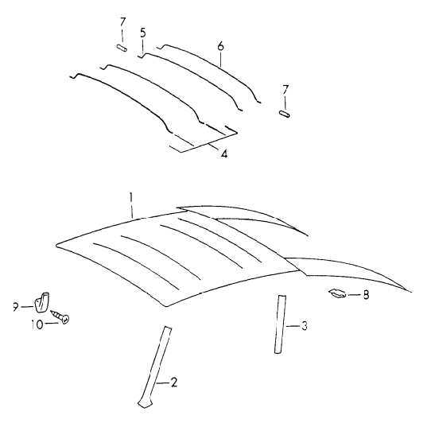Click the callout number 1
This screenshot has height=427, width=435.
point(130,198)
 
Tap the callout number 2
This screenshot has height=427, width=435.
point(174,382)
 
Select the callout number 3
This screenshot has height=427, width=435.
point(305,326)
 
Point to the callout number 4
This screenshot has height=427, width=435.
point(224,153)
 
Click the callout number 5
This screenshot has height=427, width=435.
point(142,33)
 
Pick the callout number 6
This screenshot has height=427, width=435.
point(220,46)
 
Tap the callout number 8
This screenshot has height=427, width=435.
point(366,295)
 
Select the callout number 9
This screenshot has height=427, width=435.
point(15,307)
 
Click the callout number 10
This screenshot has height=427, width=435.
point(37,324)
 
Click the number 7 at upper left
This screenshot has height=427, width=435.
point(122,22)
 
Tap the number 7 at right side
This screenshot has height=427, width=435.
point(285,90)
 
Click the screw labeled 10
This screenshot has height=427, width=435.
point(60,316)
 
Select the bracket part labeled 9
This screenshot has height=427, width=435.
point(41,301)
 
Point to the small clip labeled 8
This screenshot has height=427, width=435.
point(337,293)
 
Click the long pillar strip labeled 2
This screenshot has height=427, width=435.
point(156,367)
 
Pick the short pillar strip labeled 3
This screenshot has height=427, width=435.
point(280,324)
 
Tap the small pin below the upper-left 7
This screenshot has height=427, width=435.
point(122,48)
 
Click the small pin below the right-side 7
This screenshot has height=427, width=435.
point(285,114)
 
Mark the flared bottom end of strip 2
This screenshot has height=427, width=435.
point(145,402)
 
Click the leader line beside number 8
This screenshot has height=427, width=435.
point(354,294)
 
